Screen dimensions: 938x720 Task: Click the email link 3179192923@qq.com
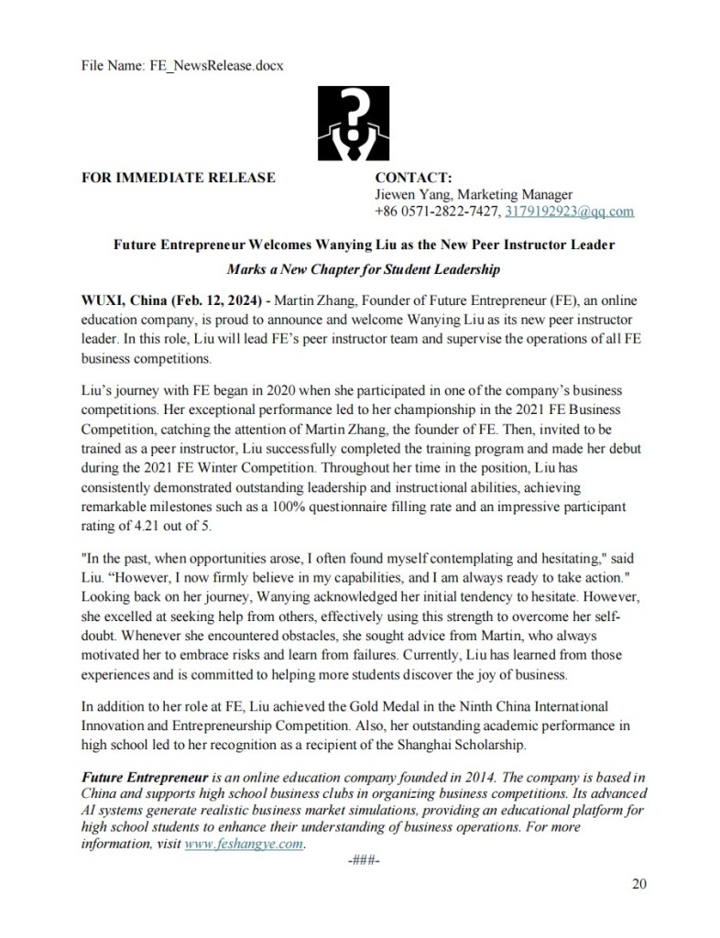point(569,212)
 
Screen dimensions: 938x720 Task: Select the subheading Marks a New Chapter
point(364,270)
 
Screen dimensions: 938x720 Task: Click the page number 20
point(639,883)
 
